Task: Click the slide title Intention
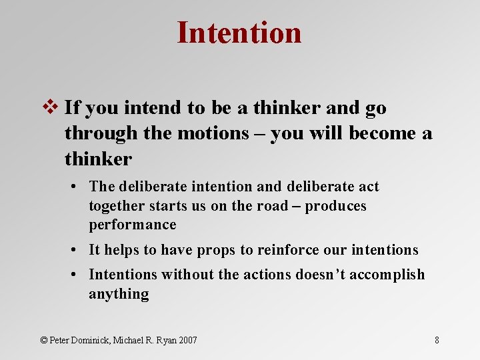[x=239, y=33]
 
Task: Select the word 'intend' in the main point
[x=146, y=107]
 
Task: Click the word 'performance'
[x=133, y=225]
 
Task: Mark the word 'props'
[x=217, y=250]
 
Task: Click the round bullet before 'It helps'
[x=79, y=250]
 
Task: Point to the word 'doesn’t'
[x=315, y=275]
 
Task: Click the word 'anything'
[x=119, y=294]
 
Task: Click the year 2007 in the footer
[x=187, y=340]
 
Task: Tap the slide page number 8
[x=437, y=340]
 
